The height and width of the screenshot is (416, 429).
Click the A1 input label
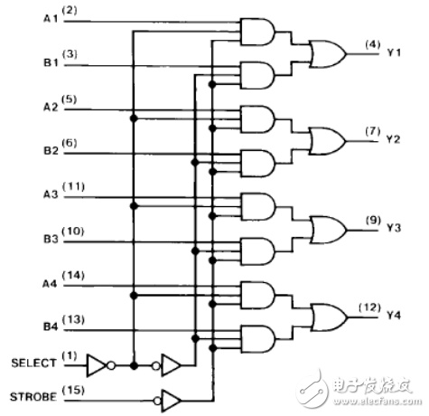[x=51, y=19]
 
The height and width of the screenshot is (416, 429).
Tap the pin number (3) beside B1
[x=70, y=54]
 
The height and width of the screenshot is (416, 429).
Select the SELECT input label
[x=33, y=363]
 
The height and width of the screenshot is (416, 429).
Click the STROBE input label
[x=33, y=397]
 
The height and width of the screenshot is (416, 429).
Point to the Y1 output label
[x=394, y=52]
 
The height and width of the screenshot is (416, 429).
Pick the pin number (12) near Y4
[x=369, y=308]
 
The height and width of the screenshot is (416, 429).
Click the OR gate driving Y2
[x=328, y=141]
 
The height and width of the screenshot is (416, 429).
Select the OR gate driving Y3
[x=329, y=230]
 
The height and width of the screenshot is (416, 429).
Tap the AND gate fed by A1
[x=257, y=32]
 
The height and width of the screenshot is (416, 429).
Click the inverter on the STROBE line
[x=167, y=401]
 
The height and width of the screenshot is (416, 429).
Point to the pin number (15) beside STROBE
[x=73, y=391]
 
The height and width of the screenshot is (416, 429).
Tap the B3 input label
[x=51, y=239]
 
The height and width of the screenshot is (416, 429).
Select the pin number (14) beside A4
[x=73, y=276]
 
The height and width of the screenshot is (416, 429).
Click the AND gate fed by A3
[x=258, y=206]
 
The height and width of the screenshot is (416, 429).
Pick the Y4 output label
[x=394, y=316]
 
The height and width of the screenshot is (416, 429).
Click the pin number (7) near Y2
[x=373, y=131]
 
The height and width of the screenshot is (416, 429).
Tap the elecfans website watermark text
[x=378, y=402]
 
